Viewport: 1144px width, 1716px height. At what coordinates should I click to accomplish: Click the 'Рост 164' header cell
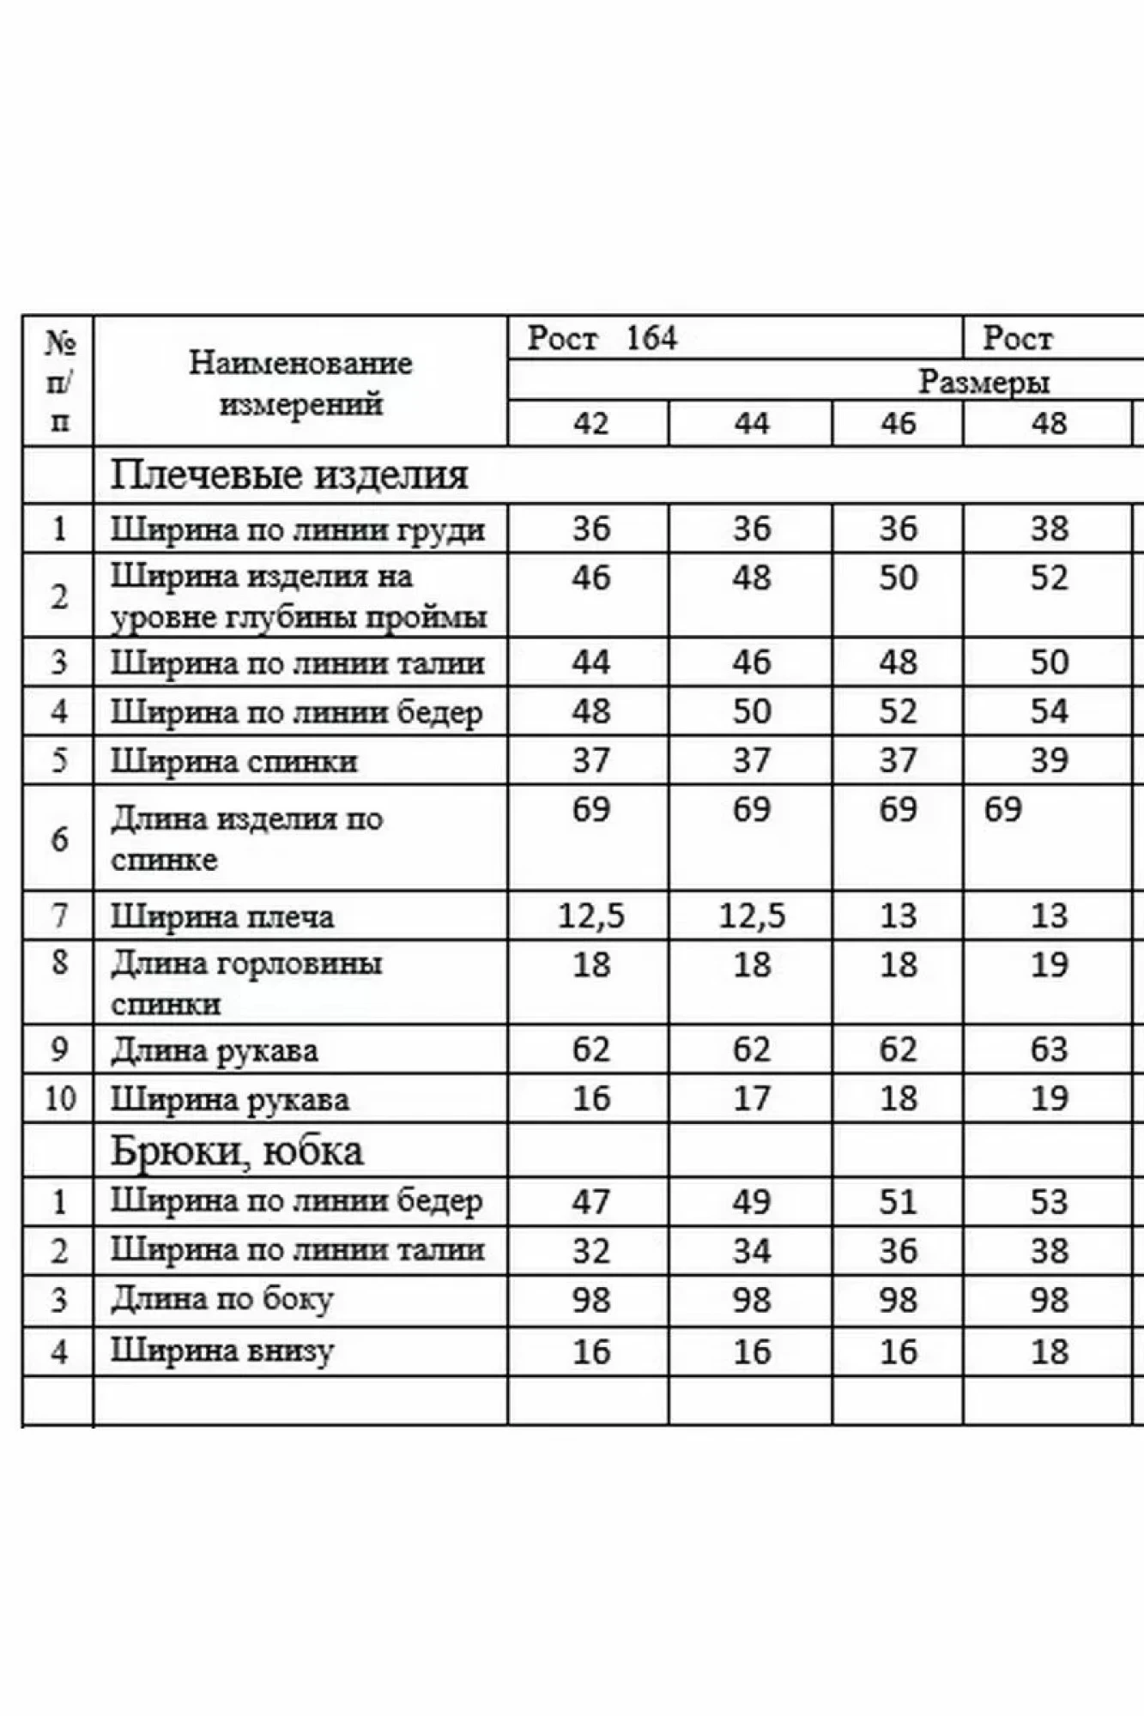(602, 338)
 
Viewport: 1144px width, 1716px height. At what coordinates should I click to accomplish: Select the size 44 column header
(751, 423)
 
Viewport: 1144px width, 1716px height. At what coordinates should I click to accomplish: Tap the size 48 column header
(1049, 423)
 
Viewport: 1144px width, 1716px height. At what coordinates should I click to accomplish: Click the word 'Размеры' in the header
(984, 382)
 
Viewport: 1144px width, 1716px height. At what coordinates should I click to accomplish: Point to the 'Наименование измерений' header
(300, 383)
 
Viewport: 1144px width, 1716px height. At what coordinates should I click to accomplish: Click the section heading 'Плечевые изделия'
(289, 474)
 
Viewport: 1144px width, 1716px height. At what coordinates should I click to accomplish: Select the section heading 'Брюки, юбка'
(237, 1151)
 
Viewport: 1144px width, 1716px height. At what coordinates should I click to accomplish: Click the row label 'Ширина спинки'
(233, 761)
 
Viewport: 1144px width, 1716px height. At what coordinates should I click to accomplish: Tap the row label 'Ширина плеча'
(222, 917)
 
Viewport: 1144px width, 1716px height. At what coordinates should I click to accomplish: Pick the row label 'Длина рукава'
(215, 1050)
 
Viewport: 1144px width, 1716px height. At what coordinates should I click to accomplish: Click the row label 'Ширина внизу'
(221, 1351)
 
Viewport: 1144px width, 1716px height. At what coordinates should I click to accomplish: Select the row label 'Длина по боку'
(221, 1300)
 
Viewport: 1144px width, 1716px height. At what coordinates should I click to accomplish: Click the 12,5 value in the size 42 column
(591, 916)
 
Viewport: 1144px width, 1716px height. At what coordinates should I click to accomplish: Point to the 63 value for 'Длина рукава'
(1049, 1049)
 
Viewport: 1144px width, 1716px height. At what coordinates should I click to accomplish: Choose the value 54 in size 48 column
(1049, 711)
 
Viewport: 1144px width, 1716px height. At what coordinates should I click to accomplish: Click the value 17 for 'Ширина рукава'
(751, 1098)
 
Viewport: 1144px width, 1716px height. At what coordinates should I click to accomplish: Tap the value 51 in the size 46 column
(898, 1201)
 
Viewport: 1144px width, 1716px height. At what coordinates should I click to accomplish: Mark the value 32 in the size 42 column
(591, 1251)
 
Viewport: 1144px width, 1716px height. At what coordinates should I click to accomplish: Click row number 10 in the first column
(59, 1098)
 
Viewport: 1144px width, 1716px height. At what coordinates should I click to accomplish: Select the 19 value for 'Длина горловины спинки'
(1049, 964)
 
